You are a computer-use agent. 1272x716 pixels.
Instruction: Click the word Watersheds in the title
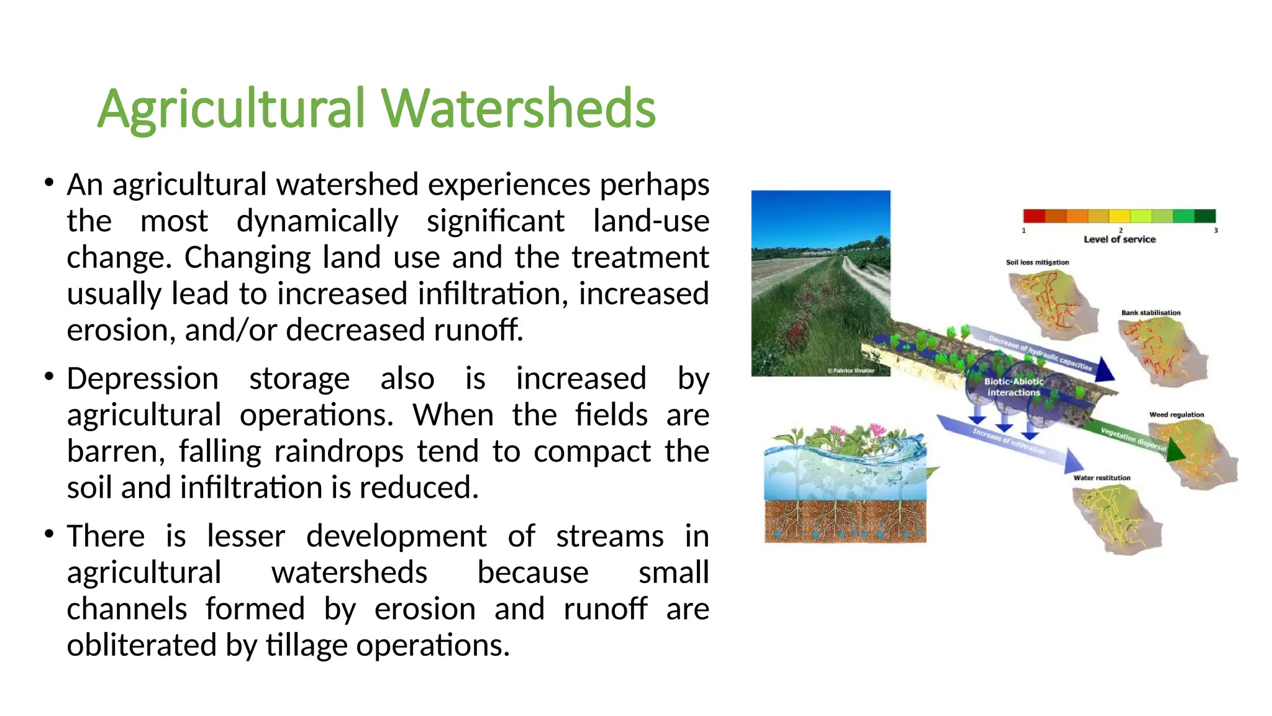pyautogui.click(x=519, y=109)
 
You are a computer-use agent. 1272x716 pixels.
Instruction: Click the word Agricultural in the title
pyautogui.click(x=231, y=110)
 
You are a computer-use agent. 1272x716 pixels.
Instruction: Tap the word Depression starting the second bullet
pyautogui.click(x=142, y=379)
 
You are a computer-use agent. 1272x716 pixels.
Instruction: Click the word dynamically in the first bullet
pyautogui.click(x=317, y=222)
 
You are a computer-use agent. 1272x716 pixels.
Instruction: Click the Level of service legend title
pyautogui.click(x=1119, y=239)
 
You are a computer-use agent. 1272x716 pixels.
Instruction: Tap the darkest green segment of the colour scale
pyautogui.click(x=1205, y=216)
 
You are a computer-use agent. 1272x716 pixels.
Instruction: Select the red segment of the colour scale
pyautogui.click(x=1034, y=216)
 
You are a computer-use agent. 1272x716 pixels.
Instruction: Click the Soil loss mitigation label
pyautogui.click(x=1037, y=262)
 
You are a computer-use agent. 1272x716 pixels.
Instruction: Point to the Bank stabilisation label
pyautogui.click(x=1150, y=313)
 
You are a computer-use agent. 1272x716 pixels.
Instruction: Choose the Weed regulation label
pyautogui.click(x=1176, y=415)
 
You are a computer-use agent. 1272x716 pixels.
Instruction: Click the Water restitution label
pyautogui.click(x=1102, y=478)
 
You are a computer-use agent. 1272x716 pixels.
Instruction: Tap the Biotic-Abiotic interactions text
pyautogui.click(x=1014, y=387)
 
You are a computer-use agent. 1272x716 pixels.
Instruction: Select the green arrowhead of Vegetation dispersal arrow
pyautogui.click(x=1175, y=452)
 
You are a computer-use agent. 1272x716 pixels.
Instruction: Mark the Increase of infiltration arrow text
pyautogui.click(x=1008, y=441)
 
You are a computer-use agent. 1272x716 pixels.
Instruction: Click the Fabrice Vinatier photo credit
pyautogui.click(x=851, y=370)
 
